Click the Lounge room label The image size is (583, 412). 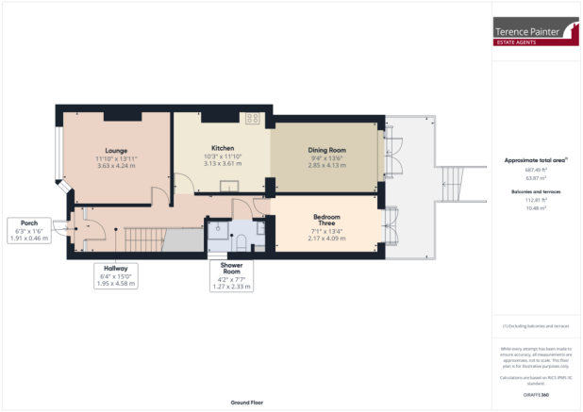[116, 150]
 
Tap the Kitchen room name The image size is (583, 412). [223, 148]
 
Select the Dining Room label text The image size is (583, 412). [327, 150]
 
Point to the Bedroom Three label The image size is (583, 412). [327, 221]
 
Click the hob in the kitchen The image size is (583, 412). [253, 119]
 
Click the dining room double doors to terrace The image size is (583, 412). [389, 153]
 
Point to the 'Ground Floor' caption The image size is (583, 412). [248, 402]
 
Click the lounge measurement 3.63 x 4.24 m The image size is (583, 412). [116, 165]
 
